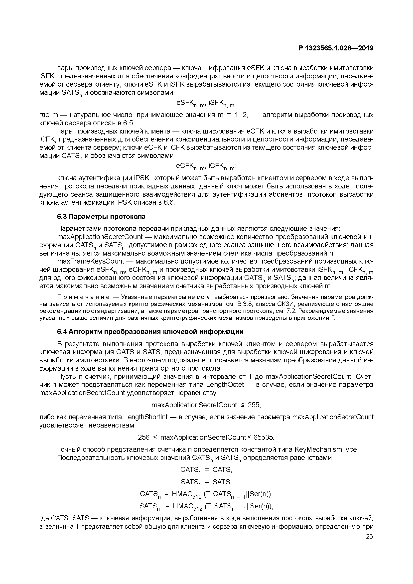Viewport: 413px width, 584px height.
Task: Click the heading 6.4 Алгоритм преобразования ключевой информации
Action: [150, 332]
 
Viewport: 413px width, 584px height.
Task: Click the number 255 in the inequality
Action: [254, 405]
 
